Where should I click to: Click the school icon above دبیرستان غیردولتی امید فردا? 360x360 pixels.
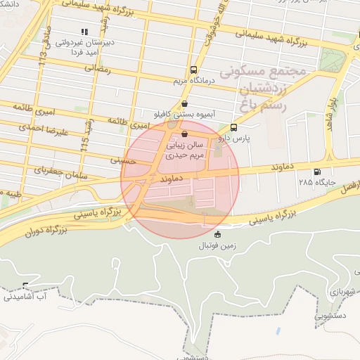(84, 32)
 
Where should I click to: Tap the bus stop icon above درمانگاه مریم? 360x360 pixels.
(193, 70)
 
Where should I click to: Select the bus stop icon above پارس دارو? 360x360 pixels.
(233, 128)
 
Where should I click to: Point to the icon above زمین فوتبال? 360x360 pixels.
(217, 235)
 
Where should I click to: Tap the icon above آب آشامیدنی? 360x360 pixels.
(26, 286)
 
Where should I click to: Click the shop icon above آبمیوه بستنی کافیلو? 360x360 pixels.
(184, 103)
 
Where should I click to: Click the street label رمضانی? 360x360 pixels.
(99, 69)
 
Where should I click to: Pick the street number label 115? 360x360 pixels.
(85, 141)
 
